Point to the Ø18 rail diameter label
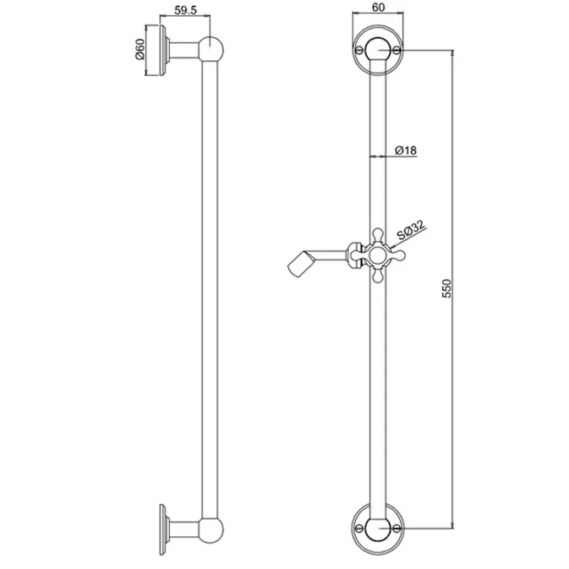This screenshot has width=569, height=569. coord(406,150)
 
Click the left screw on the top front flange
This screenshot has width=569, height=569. coord(360,52)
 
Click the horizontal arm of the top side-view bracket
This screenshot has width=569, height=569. coord(188,50)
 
